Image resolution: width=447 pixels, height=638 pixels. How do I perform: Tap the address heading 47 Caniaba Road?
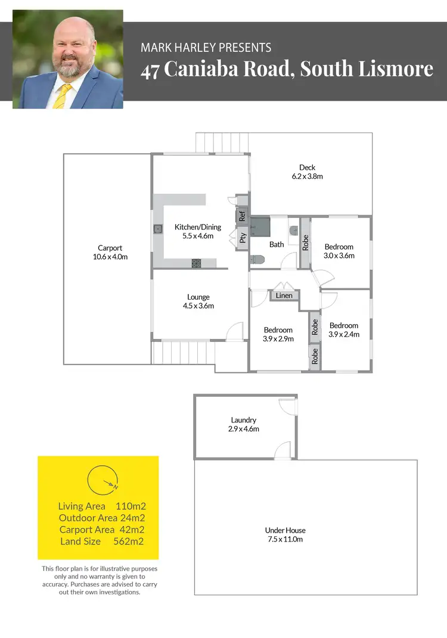coord(287,69)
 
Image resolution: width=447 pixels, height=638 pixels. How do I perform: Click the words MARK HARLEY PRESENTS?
coord(206,48)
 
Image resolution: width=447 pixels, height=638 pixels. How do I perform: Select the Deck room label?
coord(308,167)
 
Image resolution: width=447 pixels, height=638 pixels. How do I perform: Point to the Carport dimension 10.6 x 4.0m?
coord(110,257)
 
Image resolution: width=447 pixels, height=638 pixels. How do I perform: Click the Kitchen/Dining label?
coord(197,227)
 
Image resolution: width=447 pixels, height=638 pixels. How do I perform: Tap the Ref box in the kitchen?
coord(242,216)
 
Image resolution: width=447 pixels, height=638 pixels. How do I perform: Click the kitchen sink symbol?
coord(159,228)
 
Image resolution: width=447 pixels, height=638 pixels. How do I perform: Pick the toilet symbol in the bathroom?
coord(257,259)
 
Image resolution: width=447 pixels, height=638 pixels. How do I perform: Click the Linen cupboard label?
coord(284,295)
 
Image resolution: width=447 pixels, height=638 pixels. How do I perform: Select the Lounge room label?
coord(198,297)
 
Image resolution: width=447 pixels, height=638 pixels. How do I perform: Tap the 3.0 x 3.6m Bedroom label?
coord(339,256)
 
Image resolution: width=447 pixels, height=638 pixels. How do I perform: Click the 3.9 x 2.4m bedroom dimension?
coord(344,334)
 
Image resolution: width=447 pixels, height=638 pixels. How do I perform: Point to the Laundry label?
coord(244,420)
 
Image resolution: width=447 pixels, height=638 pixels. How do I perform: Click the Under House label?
coord(285,530)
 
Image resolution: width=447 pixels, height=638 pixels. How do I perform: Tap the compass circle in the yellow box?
coord(103,480)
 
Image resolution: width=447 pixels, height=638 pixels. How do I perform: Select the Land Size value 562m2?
coord(129,541)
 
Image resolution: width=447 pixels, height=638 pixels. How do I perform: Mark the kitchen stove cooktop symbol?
coord(197,263)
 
